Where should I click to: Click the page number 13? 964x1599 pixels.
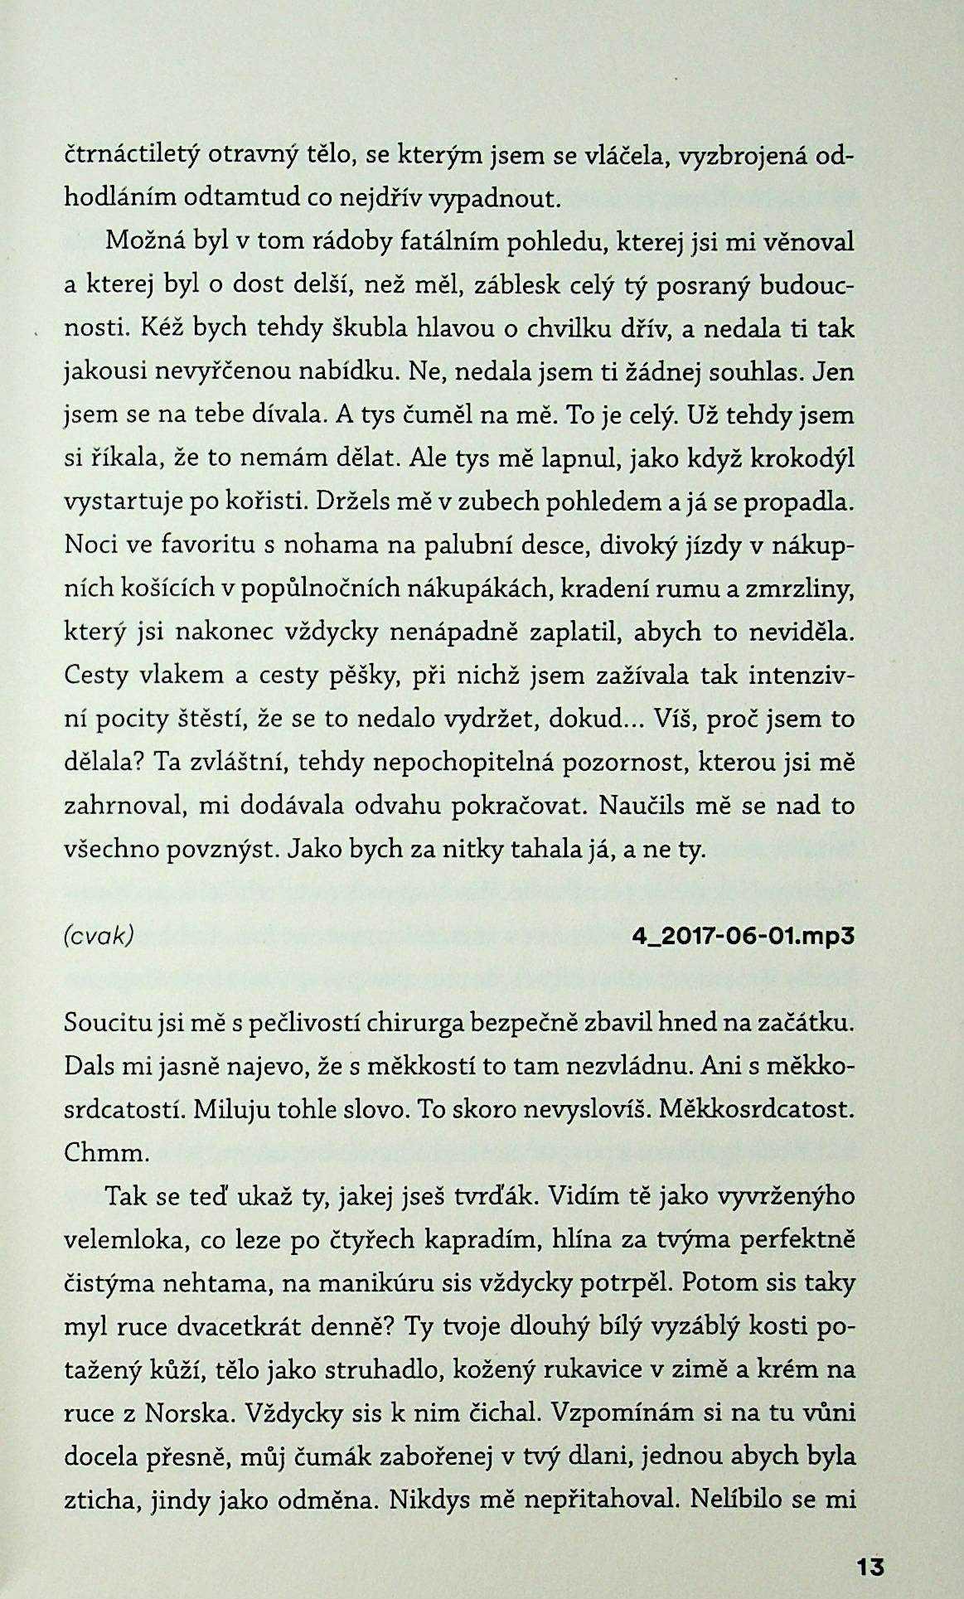click(x=870, y=1568)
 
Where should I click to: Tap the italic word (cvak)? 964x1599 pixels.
click(x=99, y=935)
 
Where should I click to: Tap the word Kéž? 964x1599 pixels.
click(x=165, y=329)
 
